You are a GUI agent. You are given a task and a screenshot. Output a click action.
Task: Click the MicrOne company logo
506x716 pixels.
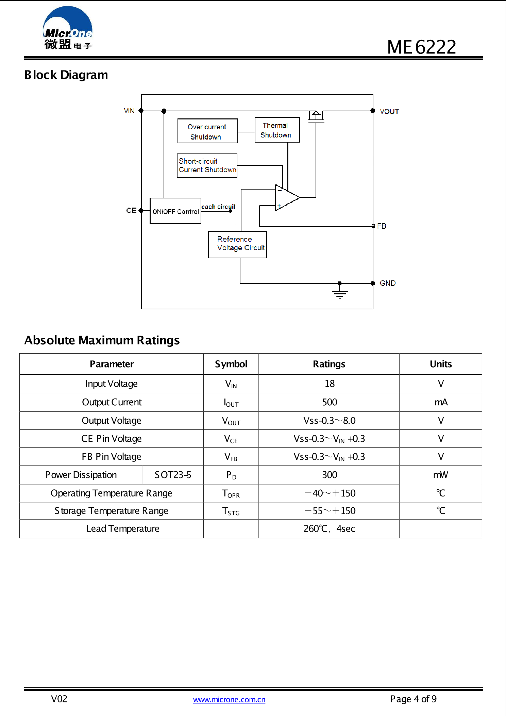point(68,28)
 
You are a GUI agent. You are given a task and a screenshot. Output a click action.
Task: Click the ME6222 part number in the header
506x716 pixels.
point(421,47)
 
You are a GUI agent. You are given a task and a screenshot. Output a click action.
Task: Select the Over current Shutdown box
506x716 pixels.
point(207,131)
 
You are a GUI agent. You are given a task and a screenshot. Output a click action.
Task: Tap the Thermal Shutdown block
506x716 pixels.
point(277,130)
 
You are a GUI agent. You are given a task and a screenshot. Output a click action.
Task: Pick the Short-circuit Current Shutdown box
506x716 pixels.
point(207,166)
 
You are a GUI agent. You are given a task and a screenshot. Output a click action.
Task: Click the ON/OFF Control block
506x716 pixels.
point(175,211)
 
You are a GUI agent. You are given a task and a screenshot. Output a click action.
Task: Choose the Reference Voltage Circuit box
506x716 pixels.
point(237,244)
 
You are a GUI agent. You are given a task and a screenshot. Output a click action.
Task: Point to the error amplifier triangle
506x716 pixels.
point(286,198)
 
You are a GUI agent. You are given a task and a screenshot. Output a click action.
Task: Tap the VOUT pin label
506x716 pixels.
point(389,112)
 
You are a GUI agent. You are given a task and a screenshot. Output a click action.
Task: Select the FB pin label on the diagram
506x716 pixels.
point(382,226)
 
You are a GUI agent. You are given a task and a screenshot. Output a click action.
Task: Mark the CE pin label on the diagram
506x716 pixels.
point(131,211)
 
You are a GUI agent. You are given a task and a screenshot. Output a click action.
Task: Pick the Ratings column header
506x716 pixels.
point(329,364)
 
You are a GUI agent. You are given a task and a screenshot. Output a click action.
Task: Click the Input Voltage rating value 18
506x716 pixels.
point(330,384)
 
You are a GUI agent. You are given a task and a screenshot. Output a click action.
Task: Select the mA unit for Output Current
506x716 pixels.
point(441,402)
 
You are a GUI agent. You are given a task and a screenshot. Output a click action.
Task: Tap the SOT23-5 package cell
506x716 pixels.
point(173,475)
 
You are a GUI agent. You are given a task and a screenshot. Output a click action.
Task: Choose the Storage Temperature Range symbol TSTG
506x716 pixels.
point(231,511)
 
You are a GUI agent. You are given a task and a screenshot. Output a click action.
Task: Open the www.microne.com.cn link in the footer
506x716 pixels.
point(229,700)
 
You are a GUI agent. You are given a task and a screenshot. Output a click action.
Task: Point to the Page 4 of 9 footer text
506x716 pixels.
point(413,699)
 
